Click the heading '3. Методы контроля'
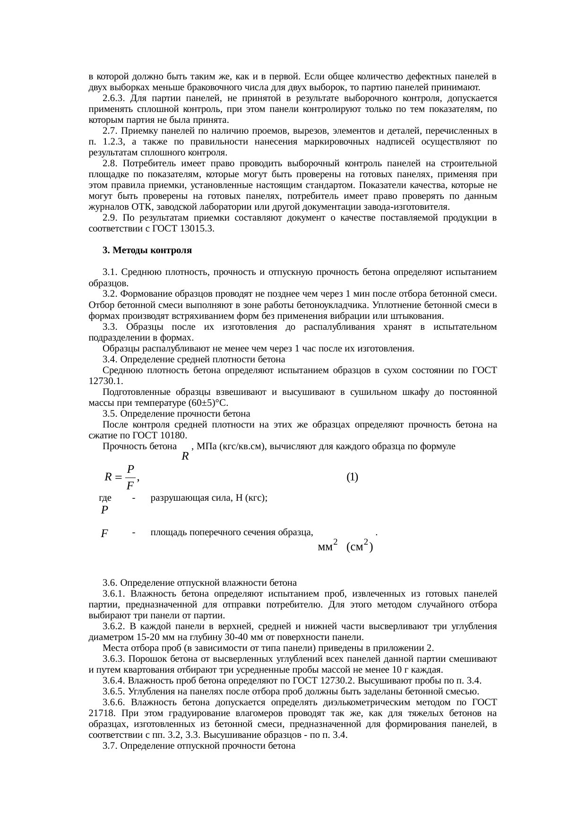pos(147,250)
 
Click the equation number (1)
pos(352,477)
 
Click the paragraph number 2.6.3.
pos(113,98)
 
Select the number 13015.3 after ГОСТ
pos(195,229)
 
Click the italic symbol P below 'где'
pos(104,510)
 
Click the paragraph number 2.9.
pos(110,218)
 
